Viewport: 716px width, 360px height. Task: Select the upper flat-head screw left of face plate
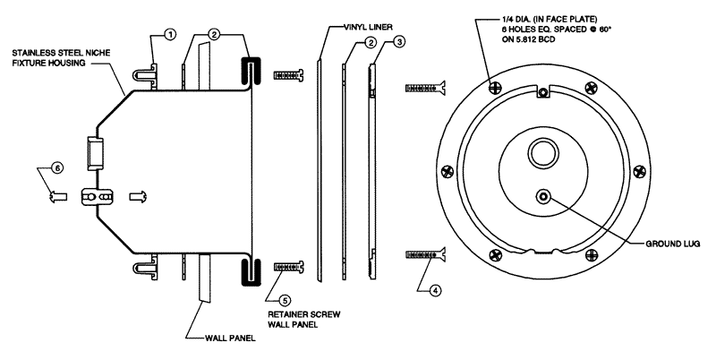coord(425,87)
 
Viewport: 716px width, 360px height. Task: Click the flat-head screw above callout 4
coord(425,255)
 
